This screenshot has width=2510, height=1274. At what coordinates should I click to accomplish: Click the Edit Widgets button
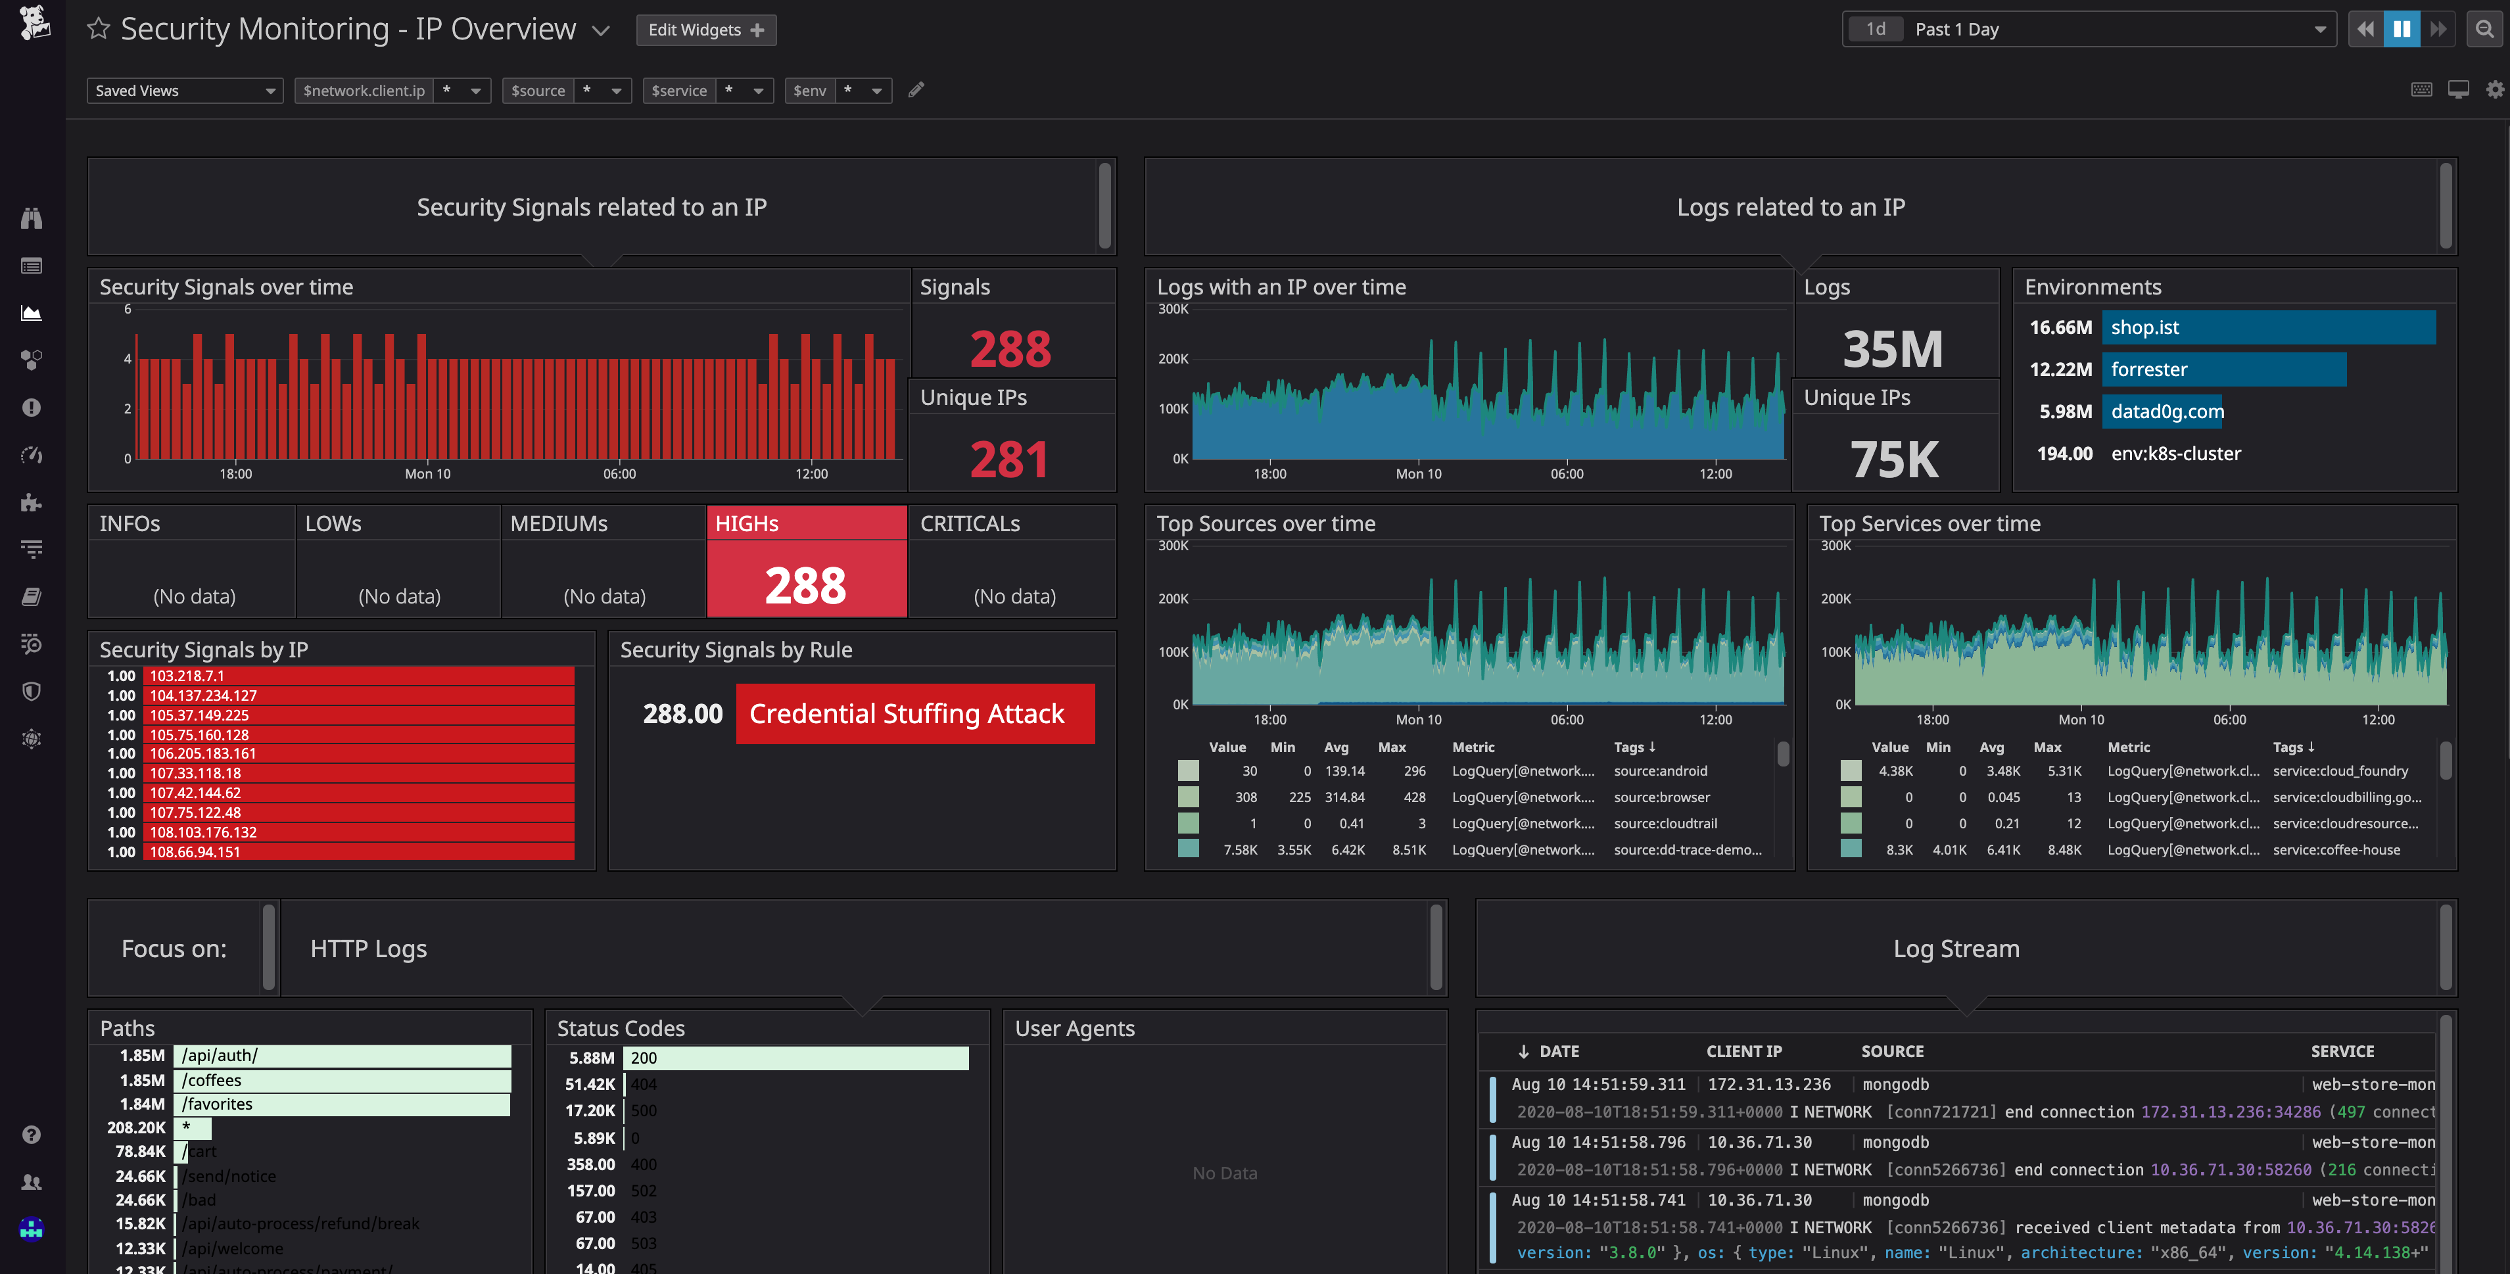click(x=705, y=30)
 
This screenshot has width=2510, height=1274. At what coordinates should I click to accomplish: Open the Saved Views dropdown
click(x=184, y=91)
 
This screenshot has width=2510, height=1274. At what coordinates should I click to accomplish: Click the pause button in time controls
click(x=2401, y=29)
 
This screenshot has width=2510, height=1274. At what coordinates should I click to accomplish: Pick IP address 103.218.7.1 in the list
click(x=187, y=675)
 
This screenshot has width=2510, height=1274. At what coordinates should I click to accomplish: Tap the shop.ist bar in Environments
click(x=2267, y=327)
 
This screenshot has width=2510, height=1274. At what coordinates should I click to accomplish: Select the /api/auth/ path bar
click(x=341, y=1056)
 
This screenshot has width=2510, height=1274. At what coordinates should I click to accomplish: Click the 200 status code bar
click(x=794, y=1058)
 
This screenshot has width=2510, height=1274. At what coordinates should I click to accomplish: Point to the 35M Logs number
click(x=1891, y=348)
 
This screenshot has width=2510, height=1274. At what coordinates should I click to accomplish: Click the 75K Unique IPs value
click(x=1893, y=459)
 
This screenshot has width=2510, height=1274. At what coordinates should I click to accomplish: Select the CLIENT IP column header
click(x=1743, y=1051)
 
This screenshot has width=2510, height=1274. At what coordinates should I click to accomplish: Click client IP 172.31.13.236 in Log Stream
click(x=1768, y=1084)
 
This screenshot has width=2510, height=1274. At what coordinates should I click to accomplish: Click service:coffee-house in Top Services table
click(x=2336, y=849)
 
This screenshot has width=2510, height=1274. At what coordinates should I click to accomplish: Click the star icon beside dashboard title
click(x=99, y=29)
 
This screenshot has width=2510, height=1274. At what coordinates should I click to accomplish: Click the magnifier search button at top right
click(x=2484, y=29)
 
